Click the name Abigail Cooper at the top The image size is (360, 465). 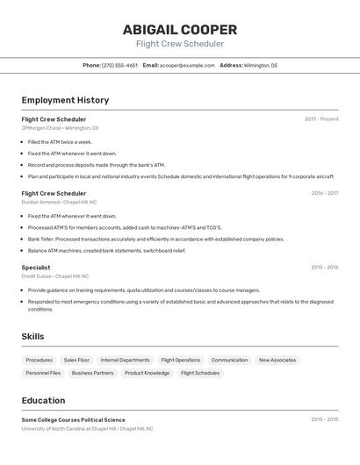(x=179, y=30)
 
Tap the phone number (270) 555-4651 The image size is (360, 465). (x=119, y=65)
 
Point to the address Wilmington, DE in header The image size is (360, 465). (x=260, y=65)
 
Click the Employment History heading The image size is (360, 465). (x=65, y=100)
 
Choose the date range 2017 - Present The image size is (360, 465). (x=321, y=119)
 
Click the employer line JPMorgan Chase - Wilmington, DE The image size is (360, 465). (x=60, y=128)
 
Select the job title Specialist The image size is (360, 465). (x=36, y=268)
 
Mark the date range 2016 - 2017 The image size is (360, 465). (x=324, y=193)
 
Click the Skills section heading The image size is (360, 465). (x=32, y=336)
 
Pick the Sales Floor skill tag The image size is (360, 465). (x=76, y=360)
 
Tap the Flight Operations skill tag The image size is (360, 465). (x=180, y=360)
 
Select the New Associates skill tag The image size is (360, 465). (x=277, y=360)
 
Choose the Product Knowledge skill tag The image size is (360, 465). (x=147, y=373)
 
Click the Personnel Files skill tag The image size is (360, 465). (x=43, y=373)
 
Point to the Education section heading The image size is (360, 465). (x=43, y=400)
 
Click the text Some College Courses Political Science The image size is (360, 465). (x=73, y=420)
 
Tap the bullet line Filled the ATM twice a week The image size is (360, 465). (x=60, y=141)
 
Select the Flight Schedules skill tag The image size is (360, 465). (x=200, y=373)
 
